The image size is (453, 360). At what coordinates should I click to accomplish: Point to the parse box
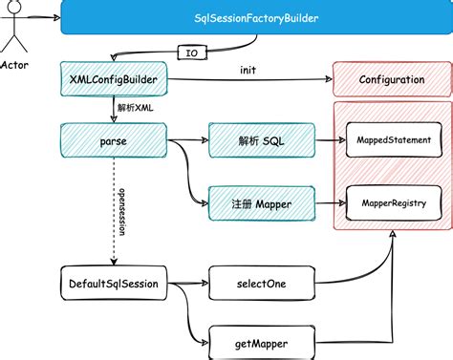(x=114, y=140)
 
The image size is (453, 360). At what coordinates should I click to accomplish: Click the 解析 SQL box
(x=263, y=140)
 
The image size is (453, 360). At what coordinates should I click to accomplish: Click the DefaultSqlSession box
(x=114, y=284)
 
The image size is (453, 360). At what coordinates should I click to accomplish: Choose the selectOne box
(x=261, y=284)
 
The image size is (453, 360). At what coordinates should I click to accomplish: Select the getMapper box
(x=261, y=342)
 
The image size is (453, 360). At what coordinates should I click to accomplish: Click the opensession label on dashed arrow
(x=121, y=213)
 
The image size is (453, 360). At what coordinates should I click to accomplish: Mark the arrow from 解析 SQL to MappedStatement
(x=329, y=140)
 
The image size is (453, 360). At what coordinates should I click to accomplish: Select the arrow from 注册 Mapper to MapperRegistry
(x=329, y=202)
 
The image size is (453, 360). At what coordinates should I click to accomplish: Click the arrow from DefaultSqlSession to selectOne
(x=189, y=284)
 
